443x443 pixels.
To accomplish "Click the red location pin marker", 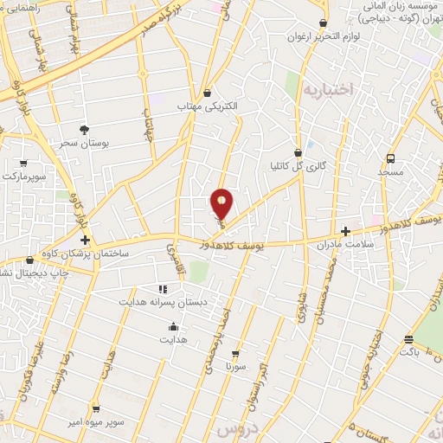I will [x=221, y=204].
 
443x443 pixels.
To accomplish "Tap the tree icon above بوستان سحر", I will [x=84, y=129].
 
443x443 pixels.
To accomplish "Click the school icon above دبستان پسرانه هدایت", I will [x=163, y=290].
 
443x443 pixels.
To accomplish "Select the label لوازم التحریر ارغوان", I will [x=324, y=38].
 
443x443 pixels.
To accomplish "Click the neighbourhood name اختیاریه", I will [x=328, y=87].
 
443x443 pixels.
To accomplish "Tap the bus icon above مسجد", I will [x=390, y=158].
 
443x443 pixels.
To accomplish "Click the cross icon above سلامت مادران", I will [x=346, y=231].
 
